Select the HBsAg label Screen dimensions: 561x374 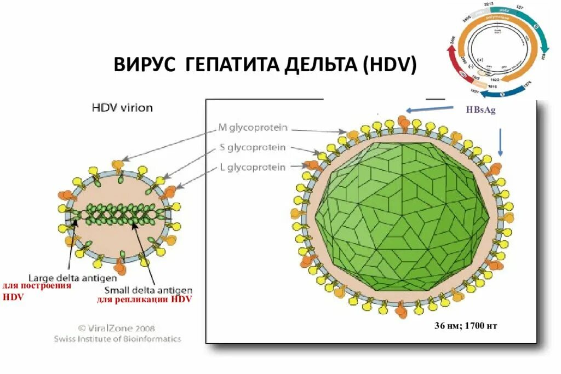(480, 110)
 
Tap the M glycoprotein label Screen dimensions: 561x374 (253, 128)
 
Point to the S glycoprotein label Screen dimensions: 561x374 (254, 147)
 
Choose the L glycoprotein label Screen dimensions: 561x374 (253, 167)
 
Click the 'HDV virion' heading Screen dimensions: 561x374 (122, 108)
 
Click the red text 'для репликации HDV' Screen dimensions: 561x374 (145, 300)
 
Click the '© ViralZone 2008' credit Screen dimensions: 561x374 (116, 329)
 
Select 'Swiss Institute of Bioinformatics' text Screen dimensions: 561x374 (117, 339)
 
